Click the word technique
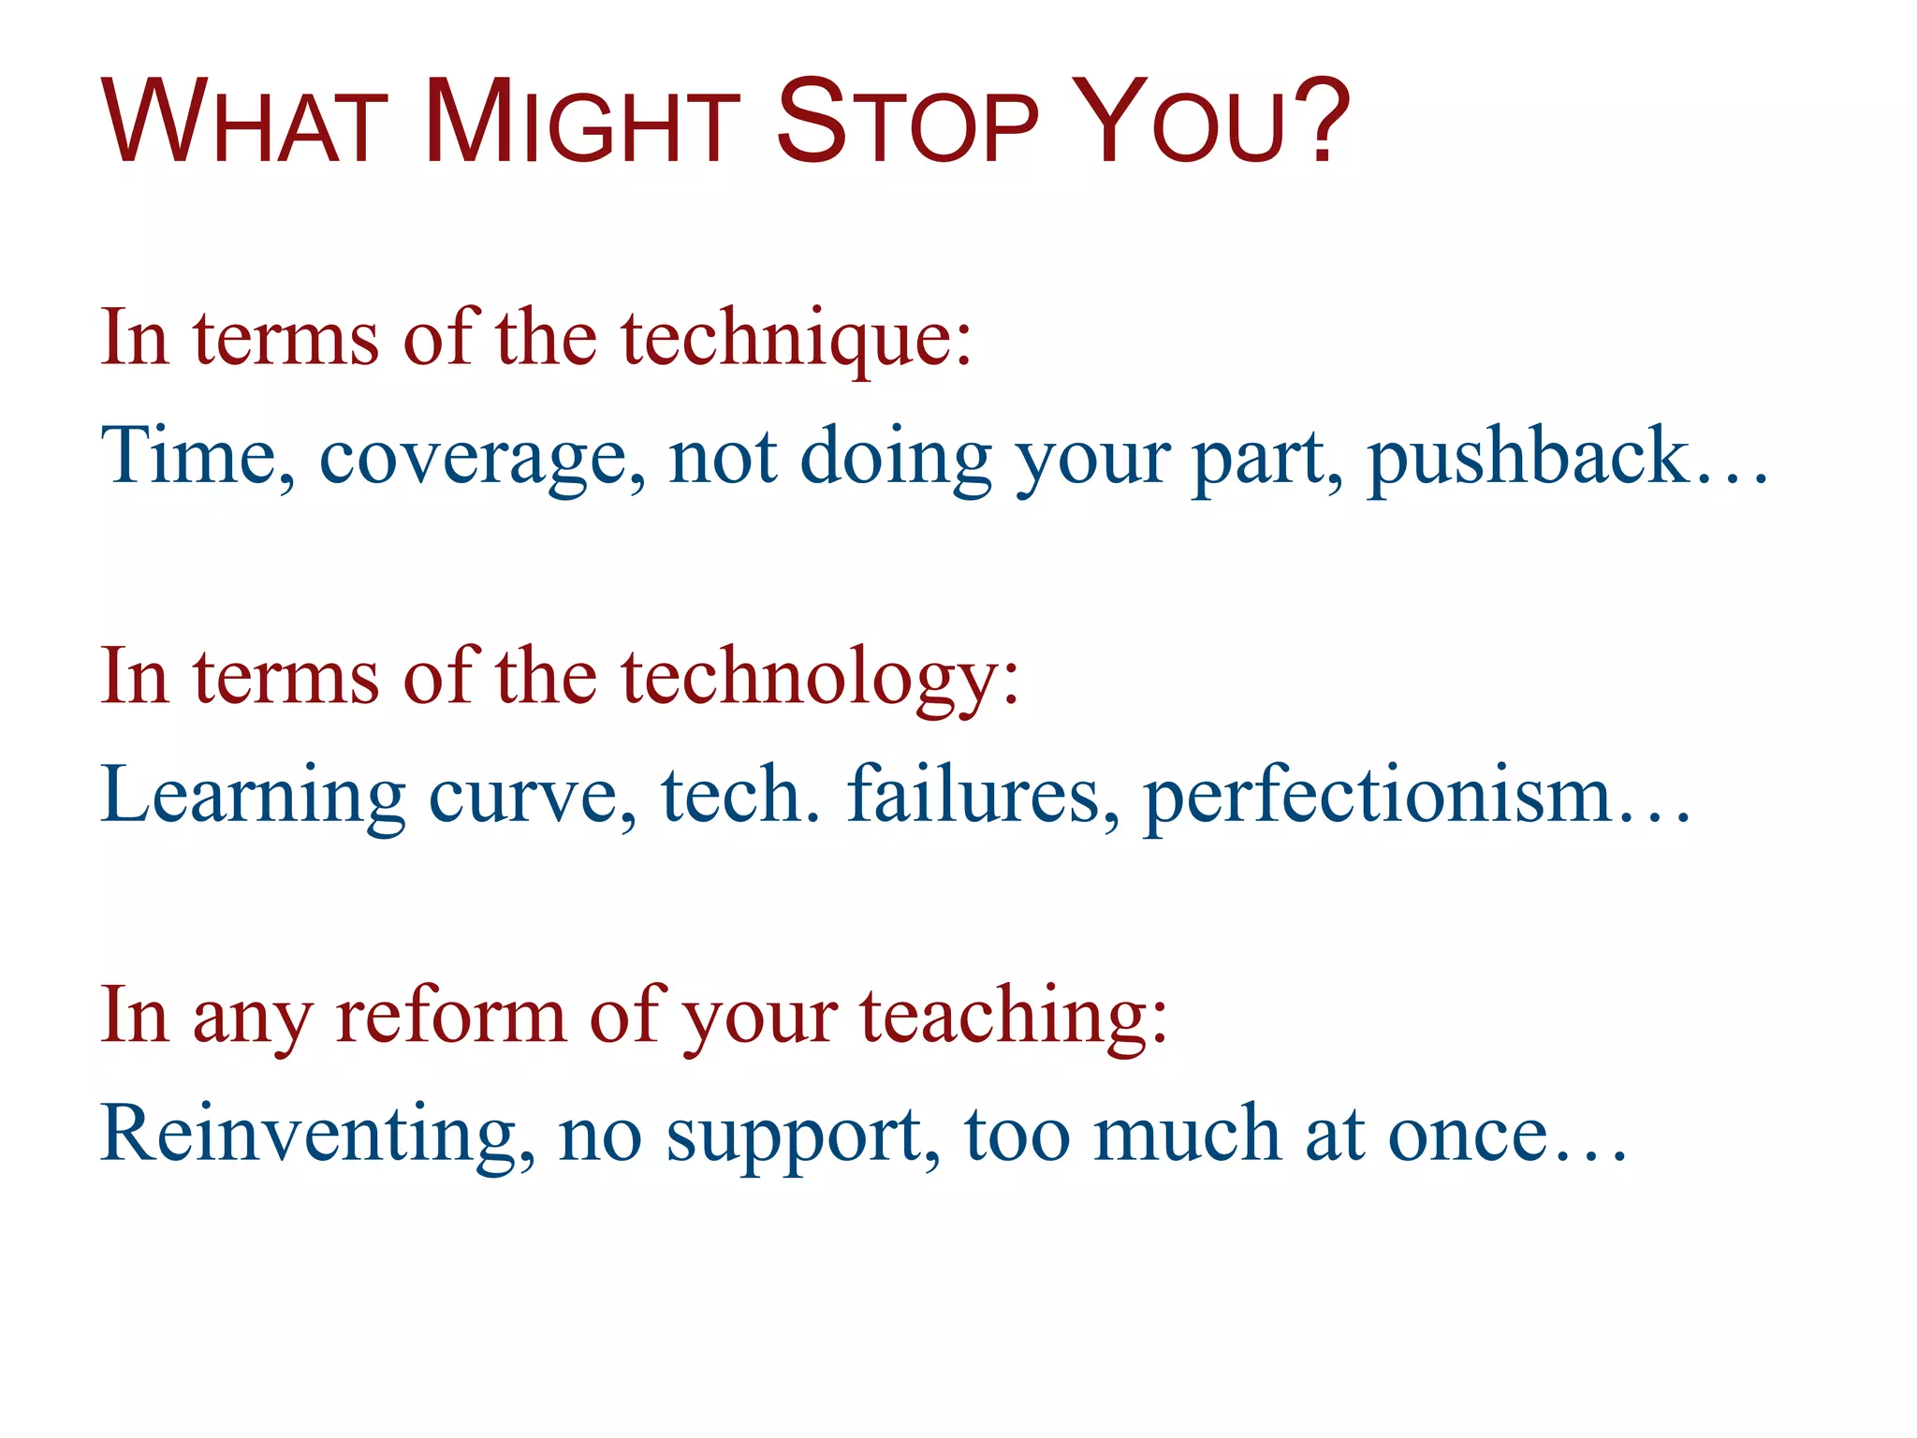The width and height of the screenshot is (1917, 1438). coord(796,339)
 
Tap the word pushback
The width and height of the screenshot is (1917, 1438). coord(1526,456)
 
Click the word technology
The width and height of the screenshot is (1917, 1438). coord(819,678)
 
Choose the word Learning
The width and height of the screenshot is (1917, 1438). coord(253,797)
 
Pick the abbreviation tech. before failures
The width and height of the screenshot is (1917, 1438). coord(739,795)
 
